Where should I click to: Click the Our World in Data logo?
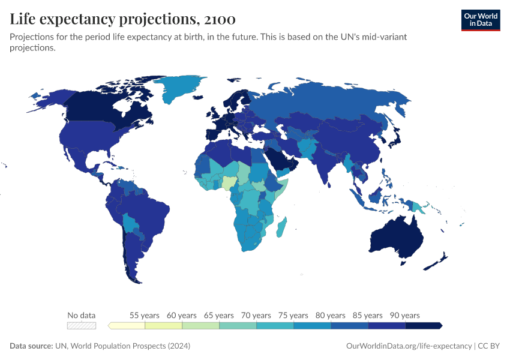[x=480, y=20]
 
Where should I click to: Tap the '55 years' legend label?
[x=145, y=315]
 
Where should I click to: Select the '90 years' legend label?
[x=405, y=315]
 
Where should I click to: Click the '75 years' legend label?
[x=293, y=315]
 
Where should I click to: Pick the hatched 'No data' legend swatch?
[x=82, y=326]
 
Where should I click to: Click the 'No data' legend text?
[x=82, y=315]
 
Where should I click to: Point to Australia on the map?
[x=396, y=237]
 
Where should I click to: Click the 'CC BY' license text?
[x=489, y=346]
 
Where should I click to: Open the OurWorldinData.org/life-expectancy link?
[x=409, y=346]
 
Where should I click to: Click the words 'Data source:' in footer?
[x=31, y=346]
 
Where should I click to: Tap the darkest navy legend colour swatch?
[x=424, y=326]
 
